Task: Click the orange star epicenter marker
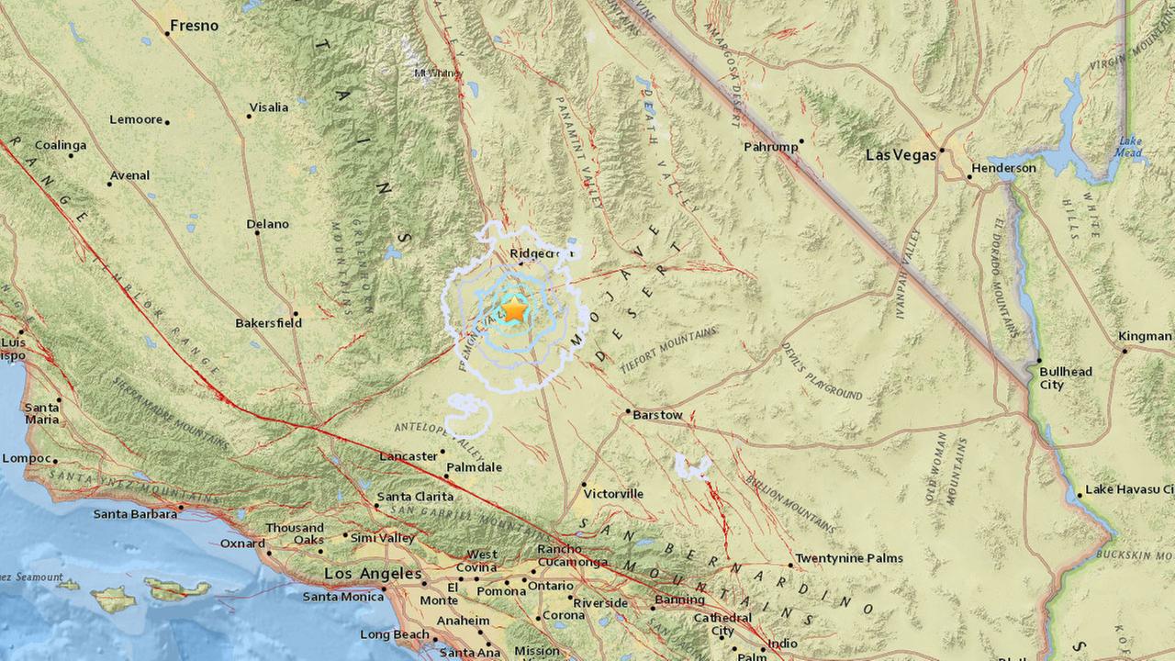tap(515, 309)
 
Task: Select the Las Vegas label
tap(901, 155)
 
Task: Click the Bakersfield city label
tap(268, 323)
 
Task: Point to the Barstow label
tap(657, 415)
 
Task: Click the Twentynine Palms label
tap(848, 558)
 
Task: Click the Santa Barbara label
tap(135, 514)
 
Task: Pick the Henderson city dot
tap(969, 178)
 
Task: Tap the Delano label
tap(267, 224)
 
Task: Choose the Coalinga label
tap(61, 145)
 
